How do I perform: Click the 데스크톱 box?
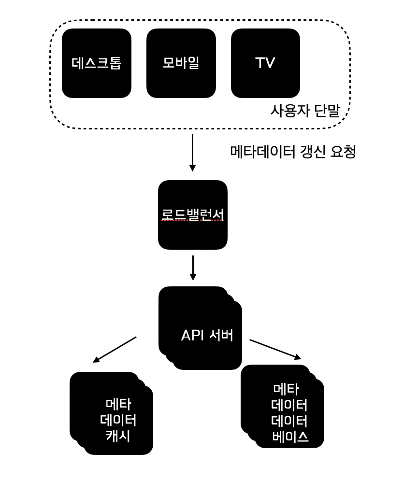coord(96,63)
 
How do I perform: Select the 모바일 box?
coord(181,63)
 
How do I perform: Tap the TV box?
coord(265,63)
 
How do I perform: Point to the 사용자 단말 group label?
coord(305,111)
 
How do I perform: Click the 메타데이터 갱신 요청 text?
coord(293,152)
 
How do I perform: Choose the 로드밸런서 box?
coord(192,215)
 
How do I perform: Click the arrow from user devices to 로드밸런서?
coord(192,152)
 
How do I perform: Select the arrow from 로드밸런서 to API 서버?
coord(193,268)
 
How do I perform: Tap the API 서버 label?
coord(207,335)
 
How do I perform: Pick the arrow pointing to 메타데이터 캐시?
coord(115,349)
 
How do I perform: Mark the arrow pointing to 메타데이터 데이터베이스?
coord(275,349)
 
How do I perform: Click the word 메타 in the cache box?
coord(118,404)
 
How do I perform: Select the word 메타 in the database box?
coord(286,388)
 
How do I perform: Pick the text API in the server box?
coord(193,335)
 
